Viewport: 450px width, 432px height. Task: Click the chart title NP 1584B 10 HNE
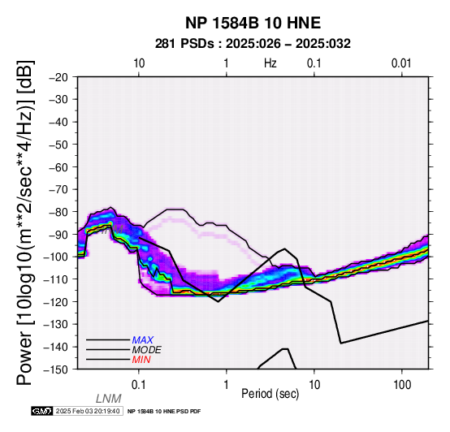pos(253,23)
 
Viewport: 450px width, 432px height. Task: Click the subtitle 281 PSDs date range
pos(253,44)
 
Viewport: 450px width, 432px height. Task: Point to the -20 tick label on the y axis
pos(58,77)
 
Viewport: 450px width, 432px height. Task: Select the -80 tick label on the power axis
pos(58,212)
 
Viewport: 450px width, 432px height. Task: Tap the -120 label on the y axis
pos(56,302)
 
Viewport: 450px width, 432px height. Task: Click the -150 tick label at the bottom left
pos(56,369)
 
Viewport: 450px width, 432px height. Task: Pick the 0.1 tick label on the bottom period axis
pos(139,385)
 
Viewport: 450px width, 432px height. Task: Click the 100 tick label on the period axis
pos(402,385)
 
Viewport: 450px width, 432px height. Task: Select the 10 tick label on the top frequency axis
pos(139,63)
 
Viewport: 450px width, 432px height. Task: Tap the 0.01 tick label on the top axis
pos(401,63)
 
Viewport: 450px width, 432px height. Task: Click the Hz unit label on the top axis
pos(270,63)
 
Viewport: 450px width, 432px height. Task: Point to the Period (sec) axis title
pos(270,394)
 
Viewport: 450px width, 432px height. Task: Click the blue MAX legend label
pos(143,340)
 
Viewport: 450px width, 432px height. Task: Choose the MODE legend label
pos(147,350)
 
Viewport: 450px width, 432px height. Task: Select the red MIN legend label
pos(141,360)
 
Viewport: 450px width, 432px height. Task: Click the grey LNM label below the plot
pos(109,399)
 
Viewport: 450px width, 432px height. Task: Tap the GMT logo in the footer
pos(42,411)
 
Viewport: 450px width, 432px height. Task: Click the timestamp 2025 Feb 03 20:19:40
pos(88,411)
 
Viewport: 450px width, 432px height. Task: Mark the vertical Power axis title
pos(25,222)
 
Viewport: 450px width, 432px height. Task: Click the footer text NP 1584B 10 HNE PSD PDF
pos(164,412)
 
